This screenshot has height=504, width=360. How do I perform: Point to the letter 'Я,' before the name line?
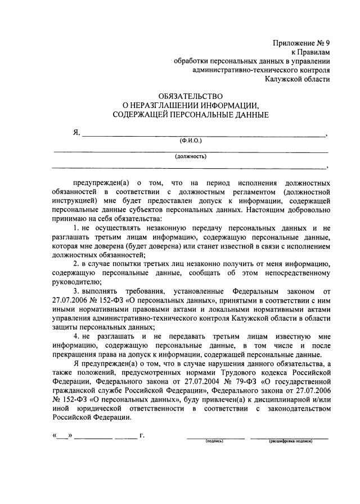(76, 133)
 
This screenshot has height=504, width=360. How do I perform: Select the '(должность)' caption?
(191, 156)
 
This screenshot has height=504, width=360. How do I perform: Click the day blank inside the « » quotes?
(63, 436)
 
